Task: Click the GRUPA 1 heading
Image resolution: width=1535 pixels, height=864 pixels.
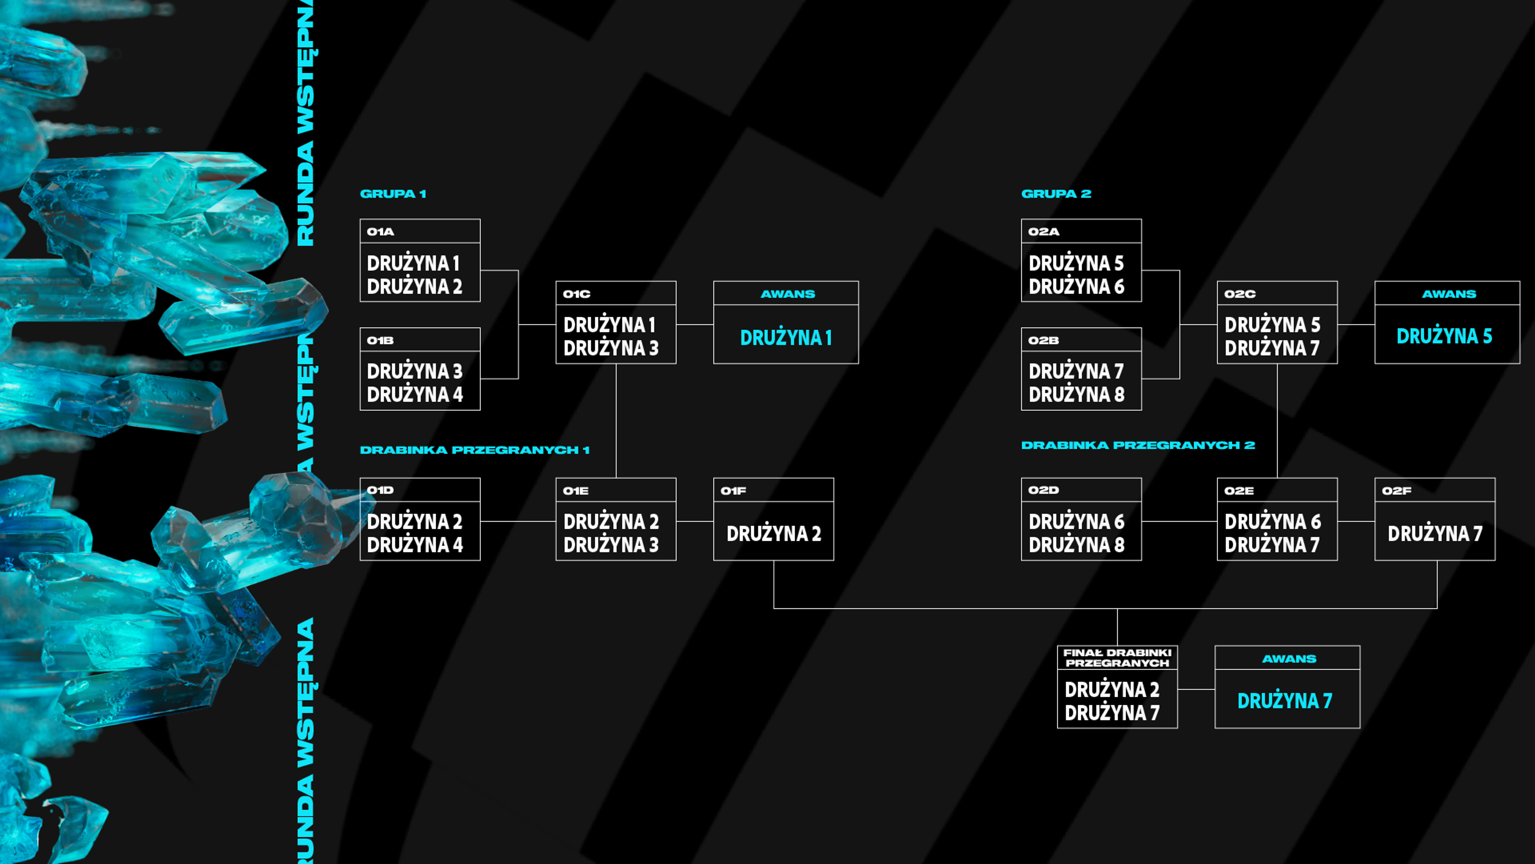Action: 393,194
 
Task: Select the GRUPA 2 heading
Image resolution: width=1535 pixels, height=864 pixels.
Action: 1056,194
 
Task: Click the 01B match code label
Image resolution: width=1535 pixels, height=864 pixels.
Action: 380,340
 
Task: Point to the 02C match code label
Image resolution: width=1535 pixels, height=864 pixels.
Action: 1240,294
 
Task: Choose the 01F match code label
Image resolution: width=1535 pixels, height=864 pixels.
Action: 733,491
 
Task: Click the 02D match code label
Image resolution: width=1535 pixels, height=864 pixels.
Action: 1043,490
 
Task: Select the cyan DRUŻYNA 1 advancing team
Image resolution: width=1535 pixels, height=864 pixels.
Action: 786,338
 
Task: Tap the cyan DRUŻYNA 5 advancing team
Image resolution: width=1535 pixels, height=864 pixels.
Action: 1444,336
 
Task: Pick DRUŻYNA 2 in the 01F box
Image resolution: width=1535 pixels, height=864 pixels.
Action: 773,533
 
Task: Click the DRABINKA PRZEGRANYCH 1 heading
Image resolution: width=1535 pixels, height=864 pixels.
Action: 474,450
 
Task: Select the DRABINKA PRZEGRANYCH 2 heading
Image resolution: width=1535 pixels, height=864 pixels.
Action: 1138,446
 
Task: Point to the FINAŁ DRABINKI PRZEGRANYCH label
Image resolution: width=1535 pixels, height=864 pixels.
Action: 1117,658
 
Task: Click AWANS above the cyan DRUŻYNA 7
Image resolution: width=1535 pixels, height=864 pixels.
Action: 1289,659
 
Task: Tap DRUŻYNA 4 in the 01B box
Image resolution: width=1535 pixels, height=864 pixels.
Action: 415,394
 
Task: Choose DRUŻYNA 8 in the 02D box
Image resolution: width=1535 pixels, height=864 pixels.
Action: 1076,544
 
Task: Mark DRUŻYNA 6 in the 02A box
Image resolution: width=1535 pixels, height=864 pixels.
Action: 1076,286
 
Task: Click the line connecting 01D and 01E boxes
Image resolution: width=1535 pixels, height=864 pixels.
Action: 518,522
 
